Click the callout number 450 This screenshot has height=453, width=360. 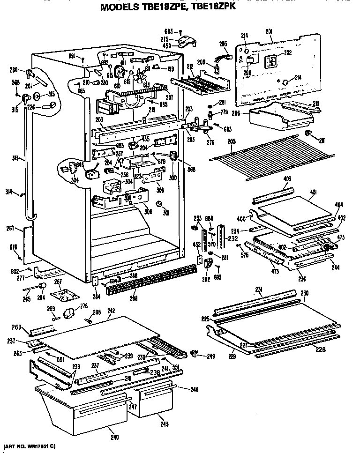pyautogui.click(x=166, y=46)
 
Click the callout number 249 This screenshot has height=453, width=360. pyautogui.click(x=211, y=356)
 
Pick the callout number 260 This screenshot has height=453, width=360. pyautogui.click(x=14, y=71)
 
